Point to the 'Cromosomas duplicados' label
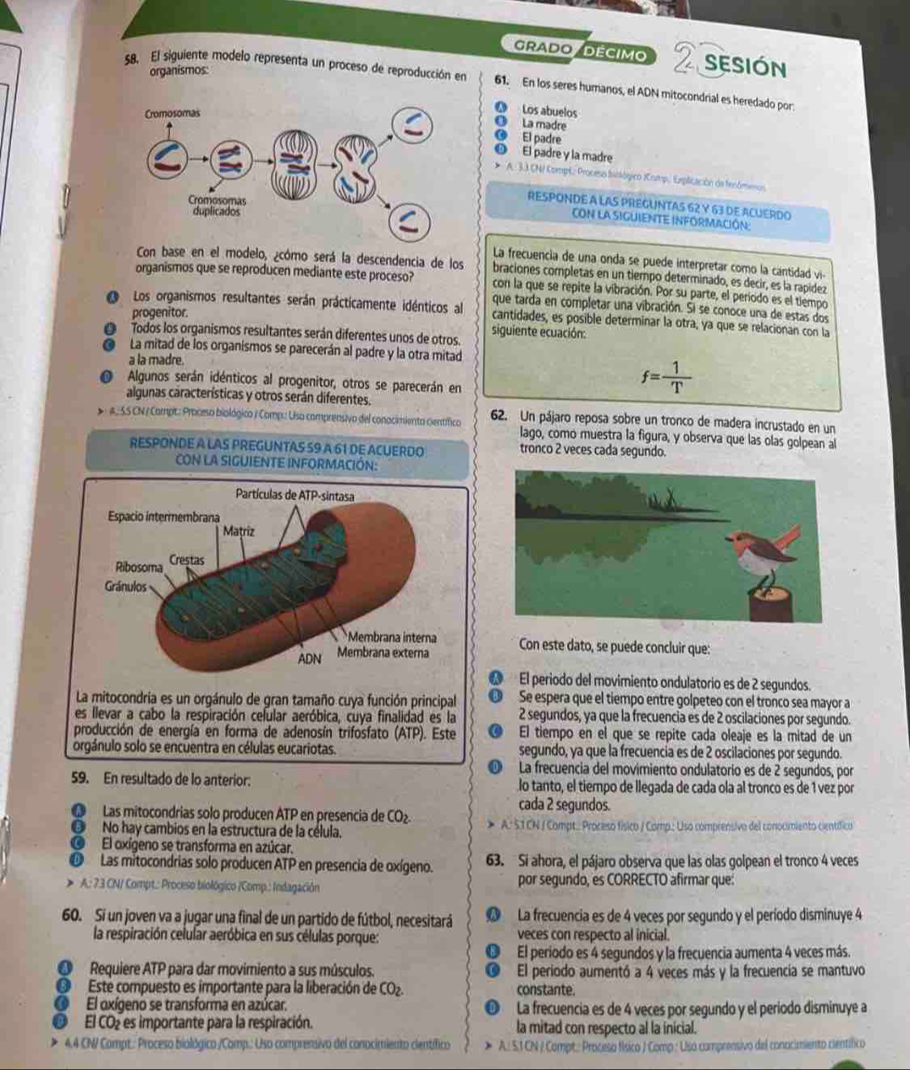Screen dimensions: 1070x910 (x=214, y=204)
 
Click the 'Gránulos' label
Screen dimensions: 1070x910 (x=125, y=585)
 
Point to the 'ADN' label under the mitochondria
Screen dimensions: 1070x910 (x=311, y=658)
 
